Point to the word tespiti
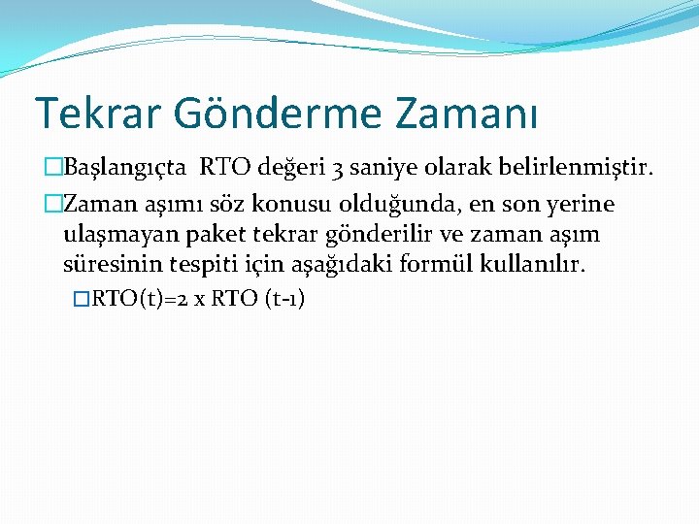194,263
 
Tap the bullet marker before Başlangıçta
53,168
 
